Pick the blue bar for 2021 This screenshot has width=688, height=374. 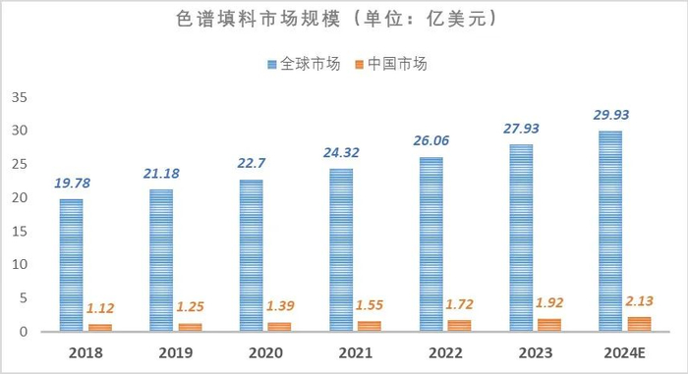(340, 250)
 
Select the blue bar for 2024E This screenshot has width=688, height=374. (609, 232)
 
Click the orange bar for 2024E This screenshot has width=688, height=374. (638, 324)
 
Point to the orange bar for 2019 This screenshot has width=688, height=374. (190, 327)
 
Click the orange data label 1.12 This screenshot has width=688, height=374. (100, 307)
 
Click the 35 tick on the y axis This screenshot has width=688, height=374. (21, 97)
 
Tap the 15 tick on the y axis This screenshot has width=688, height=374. (21, 231)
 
